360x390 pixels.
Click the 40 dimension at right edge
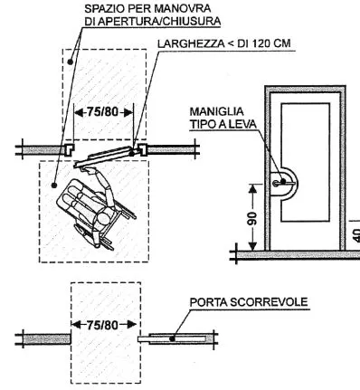tap(352, 233)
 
